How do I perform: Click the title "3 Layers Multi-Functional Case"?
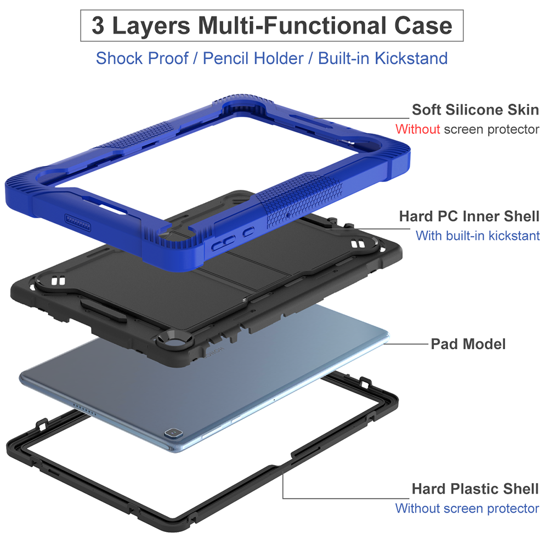tap(271, 25)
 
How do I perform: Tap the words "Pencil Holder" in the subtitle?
tap(253, 58)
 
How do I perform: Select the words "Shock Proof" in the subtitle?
tap(141, 58)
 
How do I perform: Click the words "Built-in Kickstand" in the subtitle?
tap(383, 58)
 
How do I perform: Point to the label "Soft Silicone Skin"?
tap(475, 110)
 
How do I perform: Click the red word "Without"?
tap(417, 129)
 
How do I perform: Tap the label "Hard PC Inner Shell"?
tap(469, 216)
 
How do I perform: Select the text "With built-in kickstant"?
tap(477, 236)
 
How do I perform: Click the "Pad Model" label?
tap(468, 344)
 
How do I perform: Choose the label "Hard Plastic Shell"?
tap(475, 489)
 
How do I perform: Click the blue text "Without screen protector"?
tap(467, 508)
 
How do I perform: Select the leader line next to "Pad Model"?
tap(406, 344)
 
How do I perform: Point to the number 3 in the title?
tap(98, 25)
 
